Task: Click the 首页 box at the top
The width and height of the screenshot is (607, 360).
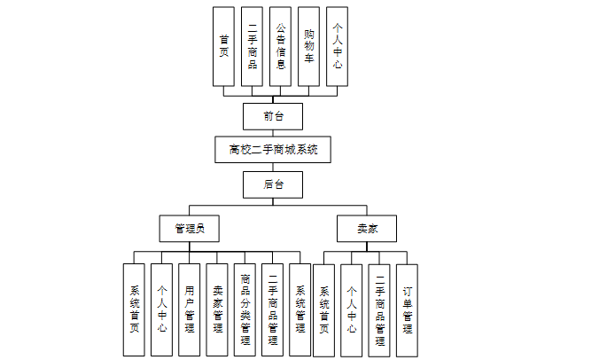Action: tap(224, 46)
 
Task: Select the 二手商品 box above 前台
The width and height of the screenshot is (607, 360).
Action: tap(252, 46)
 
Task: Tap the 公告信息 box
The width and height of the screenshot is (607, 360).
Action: tap(280, 46)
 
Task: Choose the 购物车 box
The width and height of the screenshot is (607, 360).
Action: tap(308, 46)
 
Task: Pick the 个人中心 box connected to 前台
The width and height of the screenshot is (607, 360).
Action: tap(337, 46)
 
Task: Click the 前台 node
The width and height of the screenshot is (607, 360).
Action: tap(273, 116)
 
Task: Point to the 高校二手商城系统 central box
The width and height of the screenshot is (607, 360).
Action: tap(273, 150)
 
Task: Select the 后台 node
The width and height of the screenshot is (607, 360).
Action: tap(273, 184)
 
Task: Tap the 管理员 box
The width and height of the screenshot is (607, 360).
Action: tap(190, 229)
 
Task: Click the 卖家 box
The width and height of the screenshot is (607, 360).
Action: tap(367, 229)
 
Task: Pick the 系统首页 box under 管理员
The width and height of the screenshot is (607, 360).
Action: tap(134, 309)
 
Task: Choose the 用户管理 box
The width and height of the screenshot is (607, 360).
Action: tap(189, 309)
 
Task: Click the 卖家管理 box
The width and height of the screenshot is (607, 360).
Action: tap(217, 309)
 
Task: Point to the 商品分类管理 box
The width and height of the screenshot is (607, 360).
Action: tap(245, 309)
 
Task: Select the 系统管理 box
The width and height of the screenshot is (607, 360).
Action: tap(300, 309)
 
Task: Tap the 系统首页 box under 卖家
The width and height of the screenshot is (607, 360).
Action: tap(324, 309)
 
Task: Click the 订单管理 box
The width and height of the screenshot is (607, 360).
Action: tap(407, 309)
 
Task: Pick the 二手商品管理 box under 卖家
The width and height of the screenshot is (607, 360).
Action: tap(379, 309)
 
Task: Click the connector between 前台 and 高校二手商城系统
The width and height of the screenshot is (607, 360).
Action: tap(273, 133)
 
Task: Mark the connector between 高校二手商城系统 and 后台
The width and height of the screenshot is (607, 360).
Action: tap(273, 168)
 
